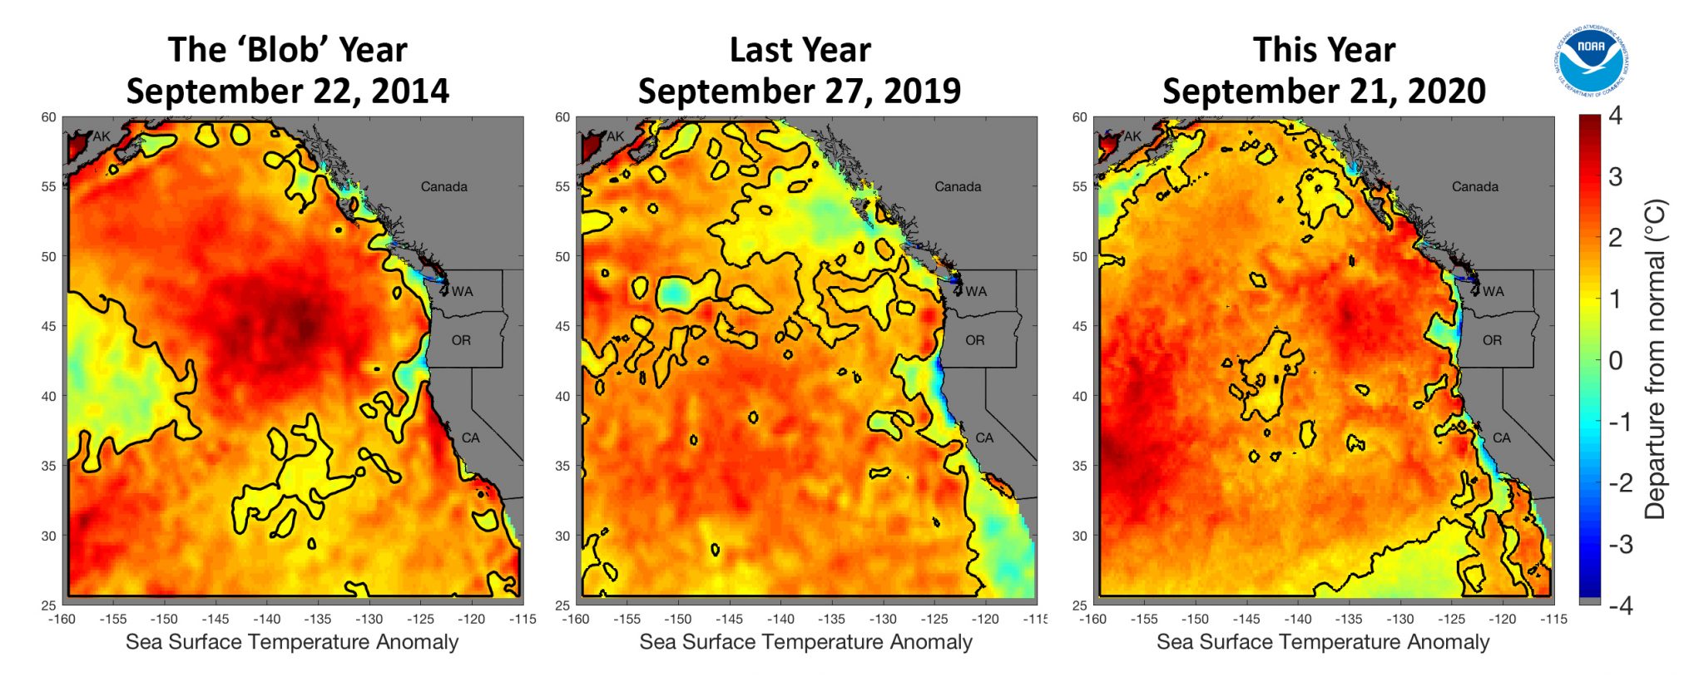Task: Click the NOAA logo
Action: (x=1590, y=60)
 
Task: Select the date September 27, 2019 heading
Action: (x=800, y=91)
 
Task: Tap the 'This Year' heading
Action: (x=1324, y=50)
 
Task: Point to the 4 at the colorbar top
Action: (x=1615, y=116)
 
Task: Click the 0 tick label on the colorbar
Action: (x=1615, y=361)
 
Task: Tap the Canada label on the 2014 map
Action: (x=443, y=186)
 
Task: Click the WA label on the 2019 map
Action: (x=976, y=291)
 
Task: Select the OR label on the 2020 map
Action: (x=1492, y=340)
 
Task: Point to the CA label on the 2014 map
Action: (x=470, y=437)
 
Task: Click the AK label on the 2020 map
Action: (x=1132, y=136)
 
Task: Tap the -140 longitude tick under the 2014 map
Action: (x=267, y=619)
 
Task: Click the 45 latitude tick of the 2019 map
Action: (x=562, y=326)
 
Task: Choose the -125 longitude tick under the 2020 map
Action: (x=1451, y=619)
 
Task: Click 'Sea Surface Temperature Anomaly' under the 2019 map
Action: (x=805, y=642)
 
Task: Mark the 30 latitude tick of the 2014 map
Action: (x=48, y=536)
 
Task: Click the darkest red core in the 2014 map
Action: (x=306, y=327)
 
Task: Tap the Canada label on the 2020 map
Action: (x=1474, y=186)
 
